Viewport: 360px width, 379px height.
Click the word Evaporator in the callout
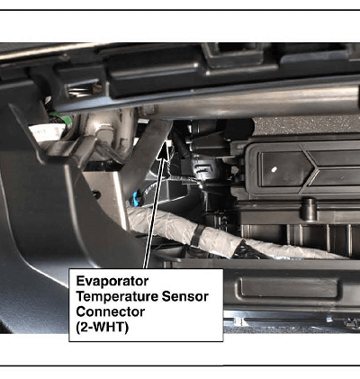click(112, 281)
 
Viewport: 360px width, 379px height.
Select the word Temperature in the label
click(117, 296)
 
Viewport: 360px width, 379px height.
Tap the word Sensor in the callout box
click(185, 296)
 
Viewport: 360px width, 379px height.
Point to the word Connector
click(111, 311)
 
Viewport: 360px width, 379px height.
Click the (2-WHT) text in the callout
click(103, 327)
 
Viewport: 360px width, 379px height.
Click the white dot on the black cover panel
click(274, 169)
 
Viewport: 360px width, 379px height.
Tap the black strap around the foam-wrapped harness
click(197, 235)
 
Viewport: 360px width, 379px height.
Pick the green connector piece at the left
click(57, 118)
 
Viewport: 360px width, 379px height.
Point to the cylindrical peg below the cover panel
click(309, 209)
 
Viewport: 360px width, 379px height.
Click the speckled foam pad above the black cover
click(306, 125)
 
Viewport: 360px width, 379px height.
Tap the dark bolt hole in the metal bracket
click(96, 194)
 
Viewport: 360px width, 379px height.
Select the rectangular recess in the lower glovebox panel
click(289, 288)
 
